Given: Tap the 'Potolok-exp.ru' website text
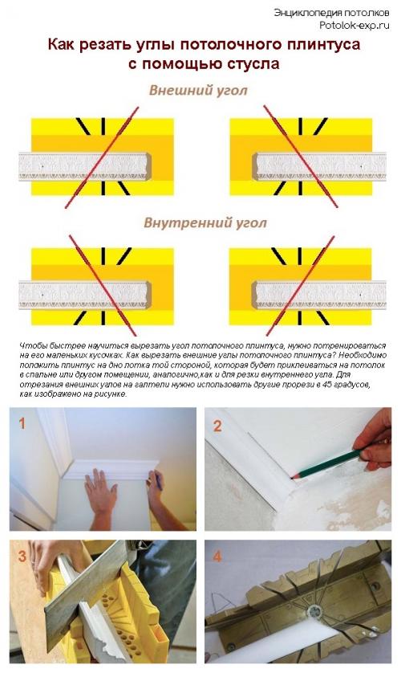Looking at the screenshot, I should click(x=352, y=25).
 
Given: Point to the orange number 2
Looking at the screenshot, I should click(x=217, y=426).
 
